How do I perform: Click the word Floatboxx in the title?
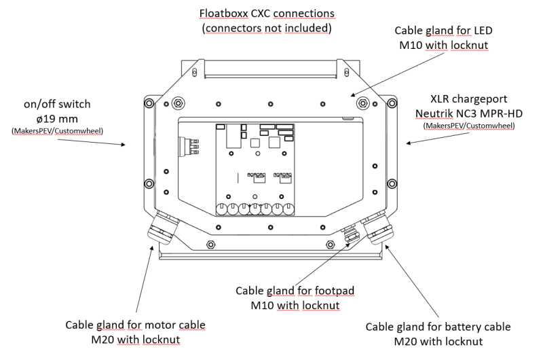pyautogui.click(x=222, y=14)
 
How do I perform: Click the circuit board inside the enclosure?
pyautogui.click(x=255, y=170)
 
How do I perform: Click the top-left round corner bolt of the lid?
pyautogui.click(x=177, y=103)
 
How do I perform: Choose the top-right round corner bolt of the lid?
pyautogui.click(x=364, y=103)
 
